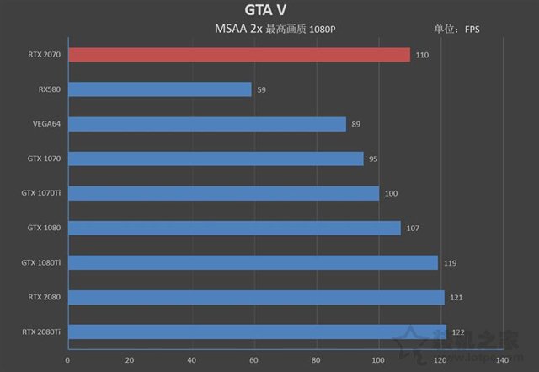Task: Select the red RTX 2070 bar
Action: tap(238, 55)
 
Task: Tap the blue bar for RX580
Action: tap(159, 89)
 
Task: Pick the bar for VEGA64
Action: tap(206, 124)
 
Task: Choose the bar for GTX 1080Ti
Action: tap(253, 262)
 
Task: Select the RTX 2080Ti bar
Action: tap(257, 332)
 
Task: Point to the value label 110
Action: tap(422, 55)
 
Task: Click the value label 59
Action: tap(261, 89)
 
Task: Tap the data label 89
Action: tap(356, 124)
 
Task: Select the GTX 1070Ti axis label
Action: tap(41, 193)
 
